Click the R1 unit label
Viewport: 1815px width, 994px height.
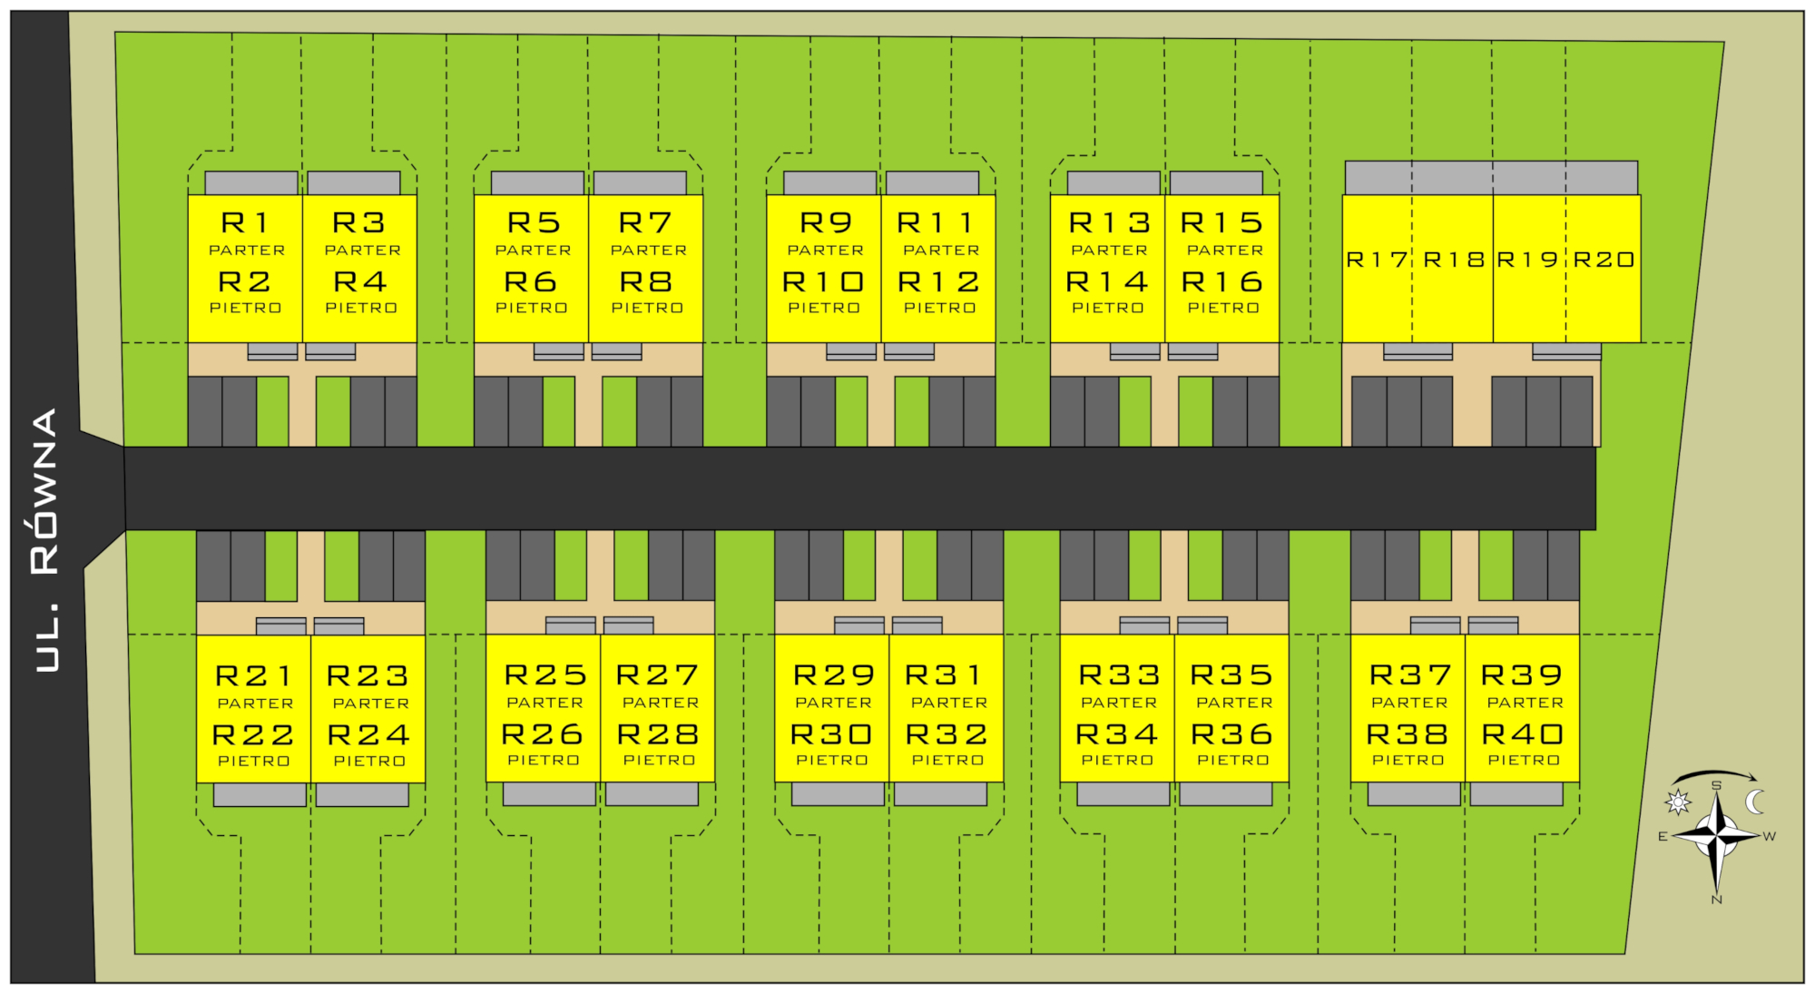pos(245,222)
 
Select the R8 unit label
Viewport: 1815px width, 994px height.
pos(646,281)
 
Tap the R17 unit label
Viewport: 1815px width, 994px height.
pos(1377,260)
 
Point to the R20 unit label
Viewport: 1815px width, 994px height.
pos(1604,260)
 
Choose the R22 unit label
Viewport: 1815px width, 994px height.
pos(253,734)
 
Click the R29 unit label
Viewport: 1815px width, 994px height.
pos(833,675)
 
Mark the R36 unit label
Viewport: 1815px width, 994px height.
pos(1232,733)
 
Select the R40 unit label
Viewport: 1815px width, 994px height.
pos(1523,733)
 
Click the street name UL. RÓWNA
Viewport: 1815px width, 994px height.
pos(45,540)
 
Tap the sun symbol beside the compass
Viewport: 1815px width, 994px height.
pos(1678,802)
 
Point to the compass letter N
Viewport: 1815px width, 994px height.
pos(1716,900)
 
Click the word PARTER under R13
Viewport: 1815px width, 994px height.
pos(1109,250)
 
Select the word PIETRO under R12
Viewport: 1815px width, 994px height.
pos(939,308)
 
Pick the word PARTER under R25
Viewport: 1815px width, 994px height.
pos(544,703)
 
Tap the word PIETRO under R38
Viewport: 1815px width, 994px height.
pos(1408,760)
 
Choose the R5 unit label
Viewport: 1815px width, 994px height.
pos(534,222)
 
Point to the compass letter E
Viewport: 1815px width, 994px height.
pos(1663,837)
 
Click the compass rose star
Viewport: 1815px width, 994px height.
pos(1717,835)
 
